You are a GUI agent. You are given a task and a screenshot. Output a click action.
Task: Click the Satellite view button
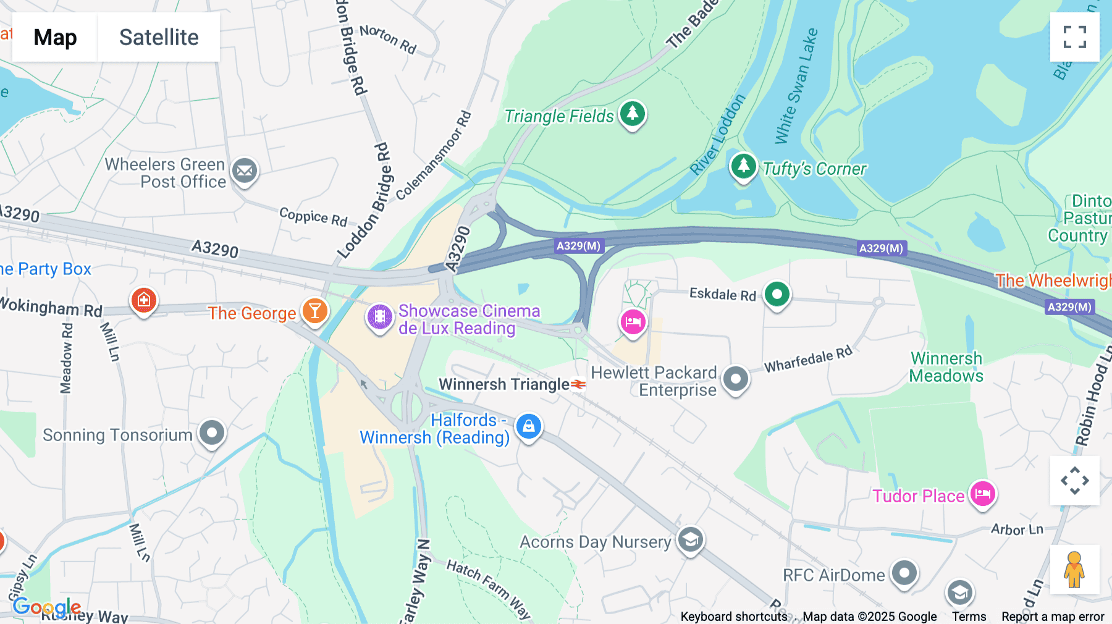pos(159,37)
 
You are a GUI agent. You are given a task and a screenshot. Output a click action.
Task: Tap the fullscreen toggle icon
pos(1074,37)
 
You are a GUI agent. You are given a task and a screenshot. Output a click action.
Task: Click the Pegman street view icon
pos(1074,570)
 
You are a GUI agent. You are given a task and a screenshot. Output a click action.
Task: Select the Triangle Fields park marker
pos(632,114)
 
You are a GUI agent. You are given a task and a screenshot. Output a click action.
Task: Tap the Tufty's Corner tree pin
pos(743,166)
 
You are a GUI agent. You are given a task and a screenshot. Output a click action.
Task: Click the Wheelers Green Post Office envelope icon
pos(245,171)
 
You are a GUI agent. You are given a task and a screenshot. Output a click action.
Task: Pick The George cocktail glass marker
pos(314,311)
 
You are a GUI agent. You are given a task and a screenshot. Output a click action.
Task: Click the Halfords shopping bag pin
pos(529,426)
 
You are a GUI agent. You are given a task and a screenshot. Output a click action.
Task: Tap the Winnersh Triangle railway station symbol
pos(578,384)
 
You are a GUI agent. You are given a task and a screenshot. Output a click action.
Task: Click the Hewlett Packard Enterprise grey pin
pos(735,379)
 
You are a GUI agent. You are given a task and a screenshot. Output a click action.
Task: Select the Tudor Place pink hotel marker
pos(982,494)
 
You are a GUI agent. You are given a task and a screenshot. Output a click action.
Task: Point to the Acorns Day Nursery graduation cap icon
pos(690,540)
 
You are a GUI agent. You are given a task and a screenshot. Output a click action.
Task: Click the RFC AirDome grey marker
pos(904,573)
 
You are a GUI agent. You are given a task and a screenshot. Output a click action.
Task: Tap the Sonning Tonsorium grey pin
pos(212,432)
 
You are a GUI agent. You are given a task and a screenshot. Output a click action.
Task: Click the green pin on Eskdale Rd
pos(777,294)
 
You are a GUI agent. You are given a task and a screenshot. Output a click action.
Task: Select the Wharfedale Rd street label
pos(808,360)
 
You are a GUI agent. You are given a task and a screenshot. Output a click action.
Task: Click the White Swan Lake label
pos(796,86)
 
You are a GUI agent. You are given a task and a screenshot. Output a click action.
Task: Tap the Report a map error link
pos(1053,617)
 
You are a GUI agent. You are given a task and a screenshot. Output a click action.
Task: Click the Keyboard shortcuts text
pos(733,617)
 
